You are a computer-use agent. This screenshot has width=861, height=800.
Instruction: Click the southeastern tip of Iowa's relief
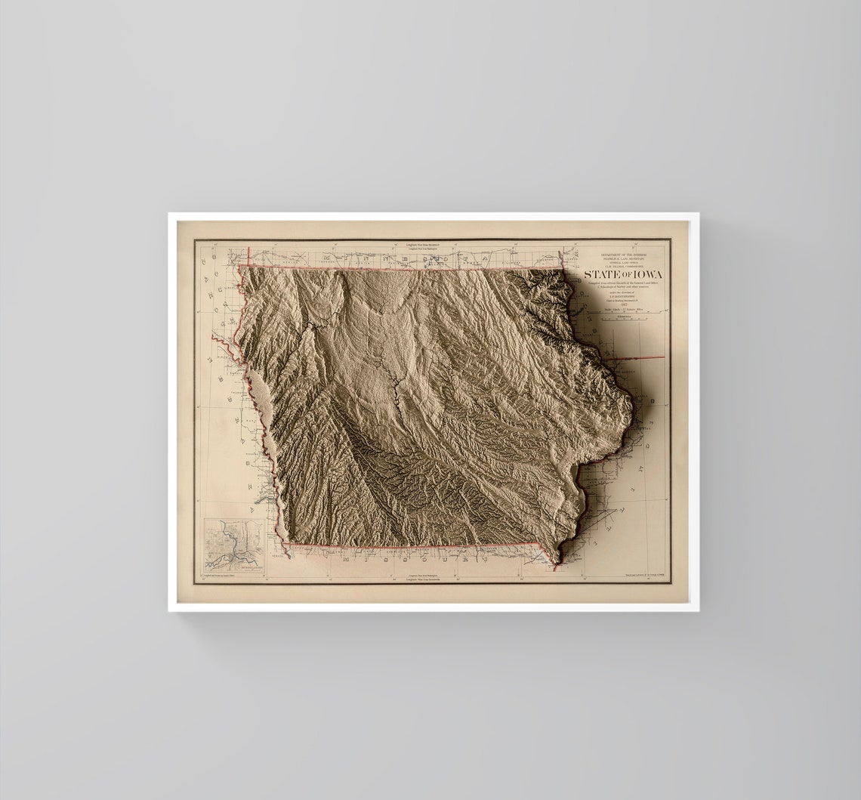[557, 563]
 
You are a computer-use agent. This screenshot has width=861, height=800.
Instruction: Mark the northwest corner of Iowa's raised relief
[240, 267]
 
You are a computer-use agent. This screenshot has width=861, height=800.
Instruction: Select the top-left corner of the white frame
[169, 214]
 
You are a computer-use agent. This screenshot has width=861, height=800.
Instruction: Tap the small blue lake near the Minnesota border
[436, 259]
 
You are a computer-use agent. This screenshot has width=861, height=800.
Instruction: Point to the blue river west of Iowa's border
[260, 499]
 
